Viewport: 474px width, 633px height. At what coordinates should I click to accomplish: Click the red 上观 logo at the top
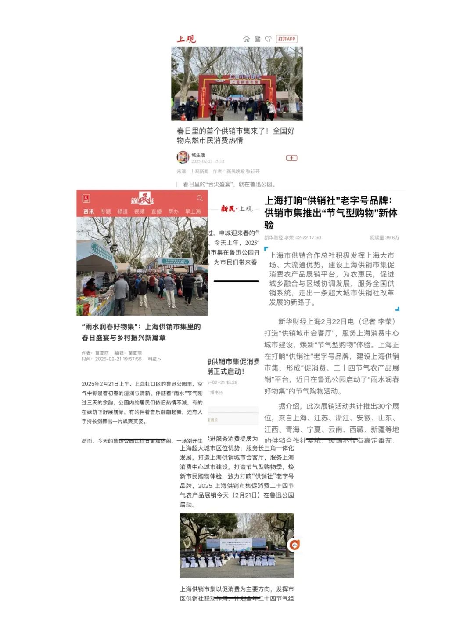pos(186,39)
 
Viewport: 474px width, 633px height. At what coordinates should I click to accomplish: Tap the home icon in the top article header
pos(246,39)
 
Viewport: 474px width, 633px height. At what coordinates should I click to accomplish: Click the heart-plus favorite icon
pos(268,39)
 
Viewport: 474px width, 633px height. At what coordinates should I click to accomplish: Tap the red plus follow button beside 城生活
pos(291,158)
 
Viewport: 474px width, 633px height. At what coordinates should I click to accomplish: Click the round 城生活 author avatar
pos(183,157)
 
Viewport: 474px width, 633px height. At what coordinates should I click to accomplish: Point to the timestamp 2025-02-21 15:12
pos(208,161)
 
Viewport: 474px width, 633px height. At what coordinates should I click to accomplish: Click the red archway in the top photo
pos(237,88)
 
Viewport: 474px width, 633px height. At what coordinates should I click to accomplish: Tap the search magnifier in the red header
pos(200,198)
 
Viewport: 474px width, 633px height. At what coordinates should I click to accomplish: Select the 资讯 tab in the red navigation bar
pos(89,211)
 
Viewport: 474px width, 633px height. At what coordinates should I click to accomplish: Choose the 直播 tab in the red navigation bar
pos(156,211)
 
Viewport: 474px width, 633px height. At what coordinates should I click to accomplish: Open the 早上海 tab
pos(193,211)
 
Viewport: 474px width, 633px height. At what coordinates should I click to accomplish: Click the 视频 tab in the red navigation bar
pos(140,211)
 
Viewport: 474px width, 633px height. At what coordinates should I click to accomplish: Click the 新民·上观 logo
pos(237,209)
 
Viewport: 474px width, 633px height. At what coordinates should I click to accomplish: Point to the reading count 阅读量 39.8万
pos(384,238)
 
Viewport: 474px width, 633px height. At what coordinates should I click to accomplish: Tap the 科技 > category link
pos(154,359)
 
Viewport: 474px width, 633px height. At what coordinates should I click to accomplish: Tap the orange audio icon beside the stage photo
pos(294,545)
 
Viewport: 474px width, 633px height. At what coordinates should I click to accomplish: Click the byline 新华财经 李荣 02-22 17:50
pos(292,238)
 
